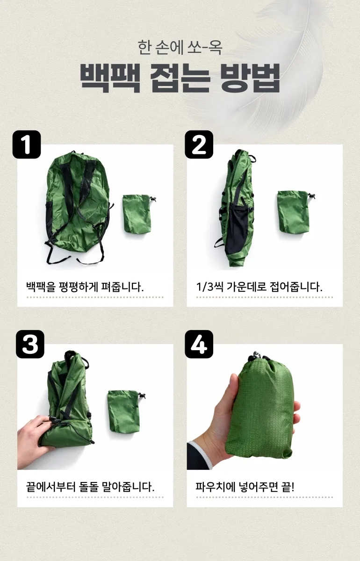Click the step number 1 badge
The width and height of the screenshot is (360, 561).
(x=27, y=144)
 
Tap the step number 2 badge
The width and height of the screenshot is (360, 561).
(x=199, y=144)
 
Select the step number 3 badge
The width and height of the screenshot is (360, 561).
(x=30, y=344)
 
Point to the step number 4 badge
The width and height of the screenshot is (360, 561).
(x=199, y=344)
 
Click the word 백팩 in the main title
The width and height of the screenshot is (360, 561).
(x=110, y=78)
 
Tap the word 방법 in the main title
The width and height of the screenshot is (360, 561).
(x=250, y=78)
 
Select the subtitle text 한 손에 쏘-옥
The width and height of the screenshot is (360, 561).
(x=180, y=47)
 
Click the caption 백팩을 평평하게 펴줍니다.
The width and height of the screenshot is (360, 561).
(x=85, y=287)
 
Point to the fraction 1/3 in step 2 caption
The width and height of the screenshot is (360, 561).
(x=205, y=287)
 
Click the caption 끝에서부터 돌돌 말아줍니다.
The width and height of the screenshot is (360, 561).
(x=90, y=486)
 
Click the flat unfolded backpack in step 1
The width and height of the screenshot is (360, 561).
(x=78, y=207)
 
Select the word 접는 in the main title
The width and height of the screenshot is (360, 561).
(x=180, y=78)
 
